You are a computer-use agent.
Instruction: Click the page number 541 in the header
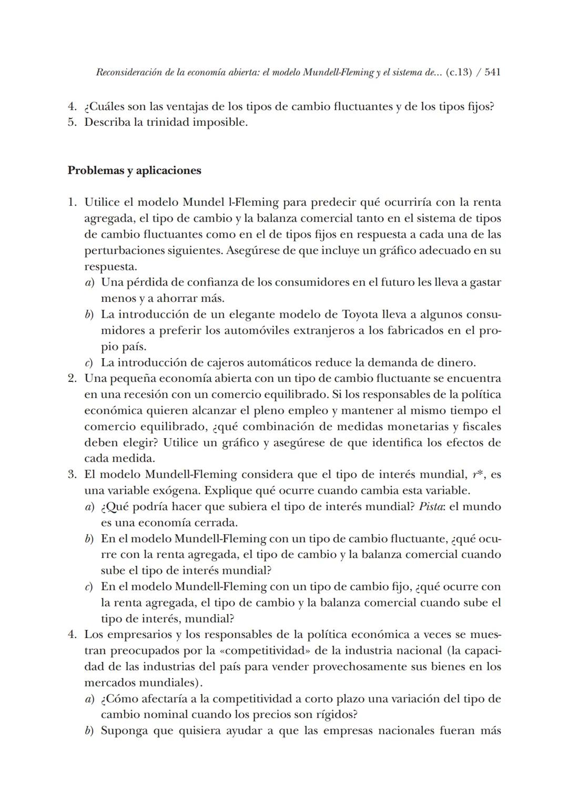[492, 72]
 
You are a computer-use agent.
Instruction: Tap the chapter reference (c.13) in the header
[458, 72]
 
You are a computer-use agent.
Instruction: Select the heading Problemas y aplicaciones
[134, 170]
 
